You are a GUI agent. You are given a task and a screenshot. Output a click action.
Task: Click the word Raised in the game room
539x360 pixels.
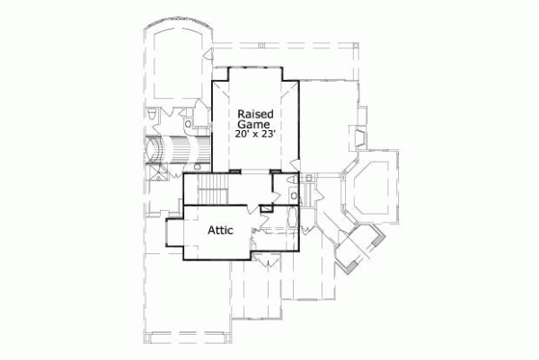[256, 115]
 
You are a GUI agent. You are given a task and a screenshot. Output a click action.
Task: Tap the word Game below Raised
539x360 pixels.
[256, 125]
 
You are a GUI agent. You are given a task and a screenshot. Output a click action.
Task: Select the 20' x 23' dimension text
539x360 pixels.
[256, 135]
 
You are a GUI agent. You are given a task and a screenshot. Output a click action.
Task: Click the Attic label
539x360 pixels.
[221, 230]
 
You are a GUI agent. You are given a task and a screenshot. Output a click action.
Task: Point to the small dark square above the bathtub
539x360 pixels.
[266, 209]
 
